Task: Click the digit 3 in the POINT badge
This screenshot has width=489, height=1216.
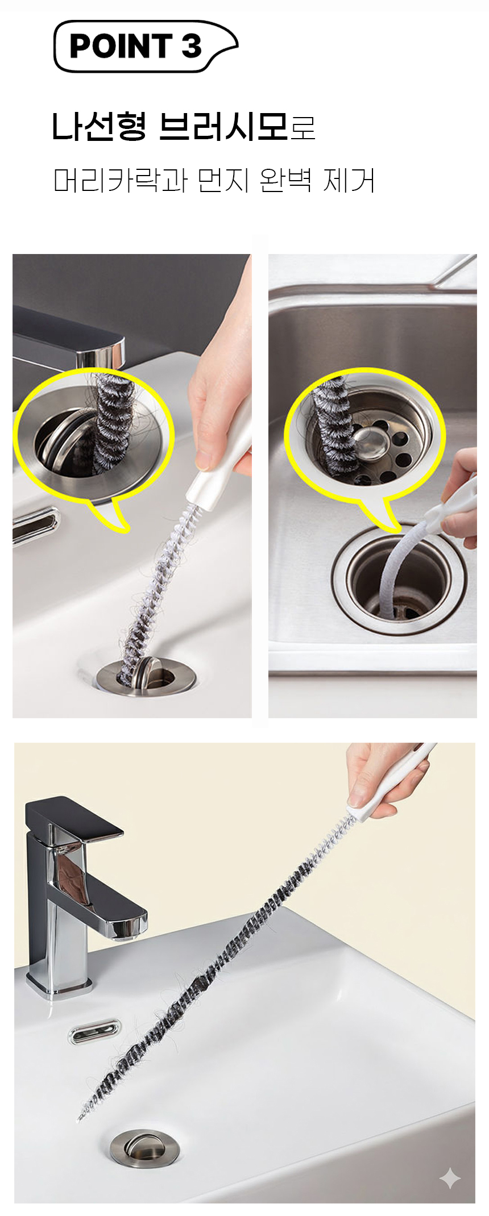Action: pos(192,47)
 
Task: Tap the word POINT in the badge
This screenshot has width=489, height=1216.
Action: pos(121,47)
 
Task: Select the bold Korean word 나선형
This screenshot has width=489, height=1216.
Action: pos(100,126)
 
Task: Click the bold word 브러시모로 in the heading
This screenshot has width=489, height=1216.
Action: pos(237,126)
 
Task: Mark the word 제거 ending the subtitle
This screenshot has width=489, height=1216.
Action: pos(349,181)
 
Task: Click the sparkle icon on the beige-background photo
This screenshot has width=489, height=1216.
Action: pos(450,1178)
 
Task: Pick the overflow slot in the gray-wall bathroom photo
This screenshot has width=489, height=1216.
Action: pos(35,525)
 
